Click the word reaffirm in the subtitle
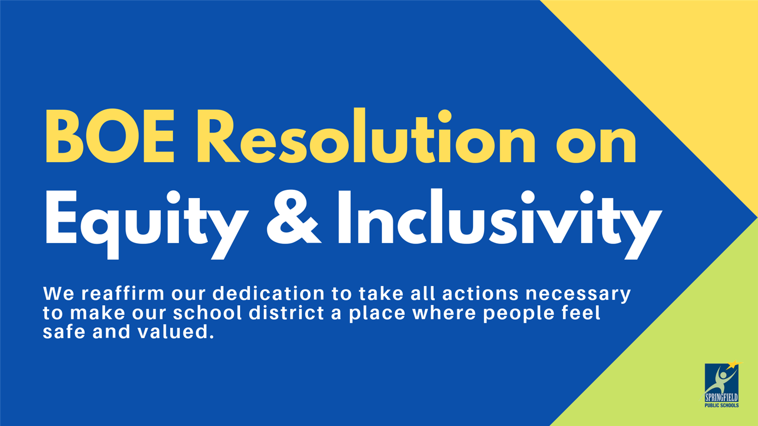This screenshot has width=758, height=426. (123, 294)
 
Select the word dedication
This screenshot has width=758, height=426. (268, 294)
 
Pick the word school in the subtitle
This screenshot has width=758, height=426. (208, 312)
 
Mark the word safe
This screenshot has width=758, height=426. (64, 332)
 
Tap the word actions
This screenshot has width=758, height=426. (481, 294)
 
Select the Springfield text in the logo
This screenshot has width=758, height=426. (722, 397)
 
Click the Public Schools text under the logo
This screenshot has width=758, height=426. (722, 405)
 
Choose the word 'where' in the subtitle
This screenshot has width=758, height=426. (444, 312)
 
